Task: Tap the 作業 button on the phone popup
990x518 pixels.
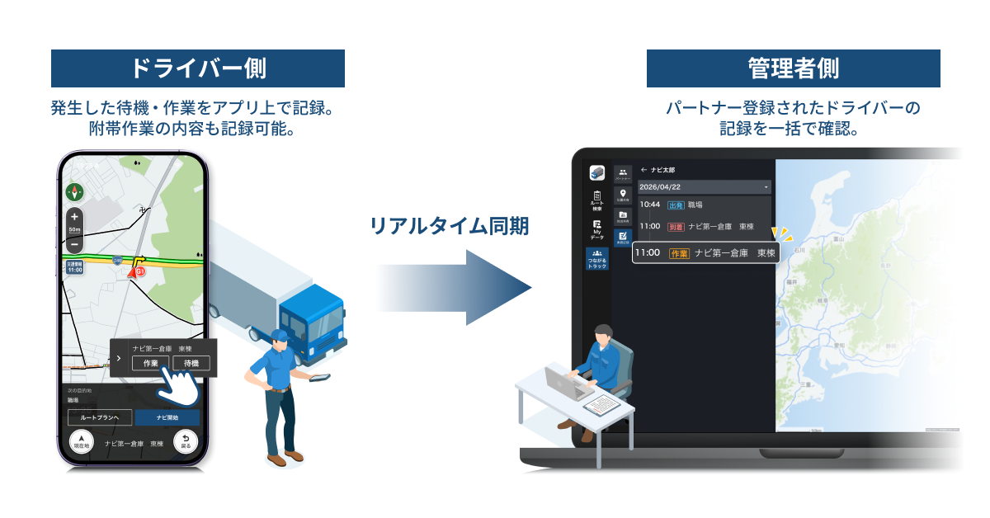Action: tap(150, 363)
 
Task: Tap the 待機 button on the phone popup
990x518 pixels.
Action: tap(191, 363)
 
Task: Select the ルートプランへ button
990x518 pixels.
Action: tap(100, 418)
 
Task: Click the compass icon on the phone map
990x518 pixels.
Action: tap(75, 192)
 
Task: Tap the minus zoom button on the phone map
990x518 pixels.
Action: tap(74, 244)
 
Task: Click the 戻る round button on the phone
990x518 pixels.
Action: tap(186, 441)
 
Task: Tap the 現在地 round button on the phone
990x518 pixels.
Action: tap(82, 441)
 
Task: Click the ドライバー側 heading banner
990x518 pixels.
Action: tap(198, 68)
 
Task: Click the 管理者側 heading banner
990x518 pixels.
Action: tap(793, 68)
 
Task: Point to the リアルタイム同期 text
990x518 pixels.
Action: tap(450, 224)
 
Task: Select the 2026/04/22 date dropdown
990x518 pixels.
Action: tap(705, 187)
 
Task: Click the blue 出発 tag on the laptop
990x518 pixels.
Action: tap(676, 205)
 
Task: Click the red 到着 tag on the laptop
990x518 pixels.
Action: tap(676, 225)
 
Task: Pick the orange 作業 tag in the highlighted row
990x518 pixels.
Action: tap(678, 253)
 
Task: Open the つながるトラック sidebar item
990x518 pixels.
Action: tap(597, 258)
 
